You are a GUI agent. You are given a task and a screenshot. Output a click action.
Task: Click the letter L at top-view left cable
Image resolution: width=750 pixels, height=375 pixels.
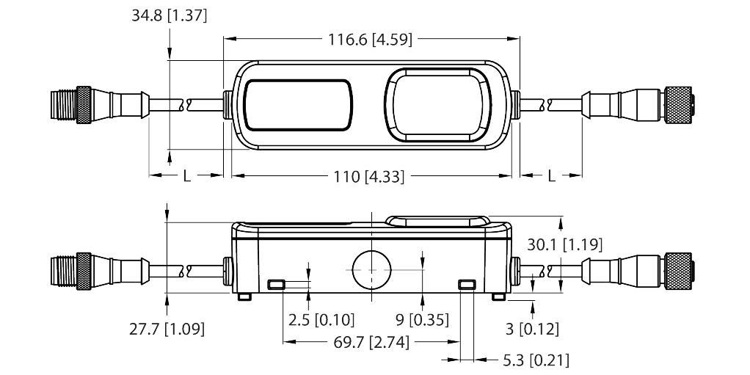pos(186,177)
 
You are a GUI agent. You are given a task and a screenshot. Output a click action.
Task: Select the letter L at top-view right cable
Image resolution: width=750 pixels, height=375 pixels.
pos(551,177)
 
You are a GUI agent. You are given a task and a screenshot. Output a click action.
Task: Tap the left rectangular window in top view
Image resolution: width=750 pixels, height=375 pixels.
pos(298,105)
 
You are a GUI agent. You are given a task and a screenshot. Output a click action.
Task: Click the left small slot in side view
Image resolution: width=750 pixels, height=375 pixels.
pos(276,284)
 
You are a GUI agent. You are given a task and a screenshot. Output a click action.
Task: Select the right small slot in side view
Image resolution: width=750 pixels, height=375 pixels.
pos(466,284)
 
